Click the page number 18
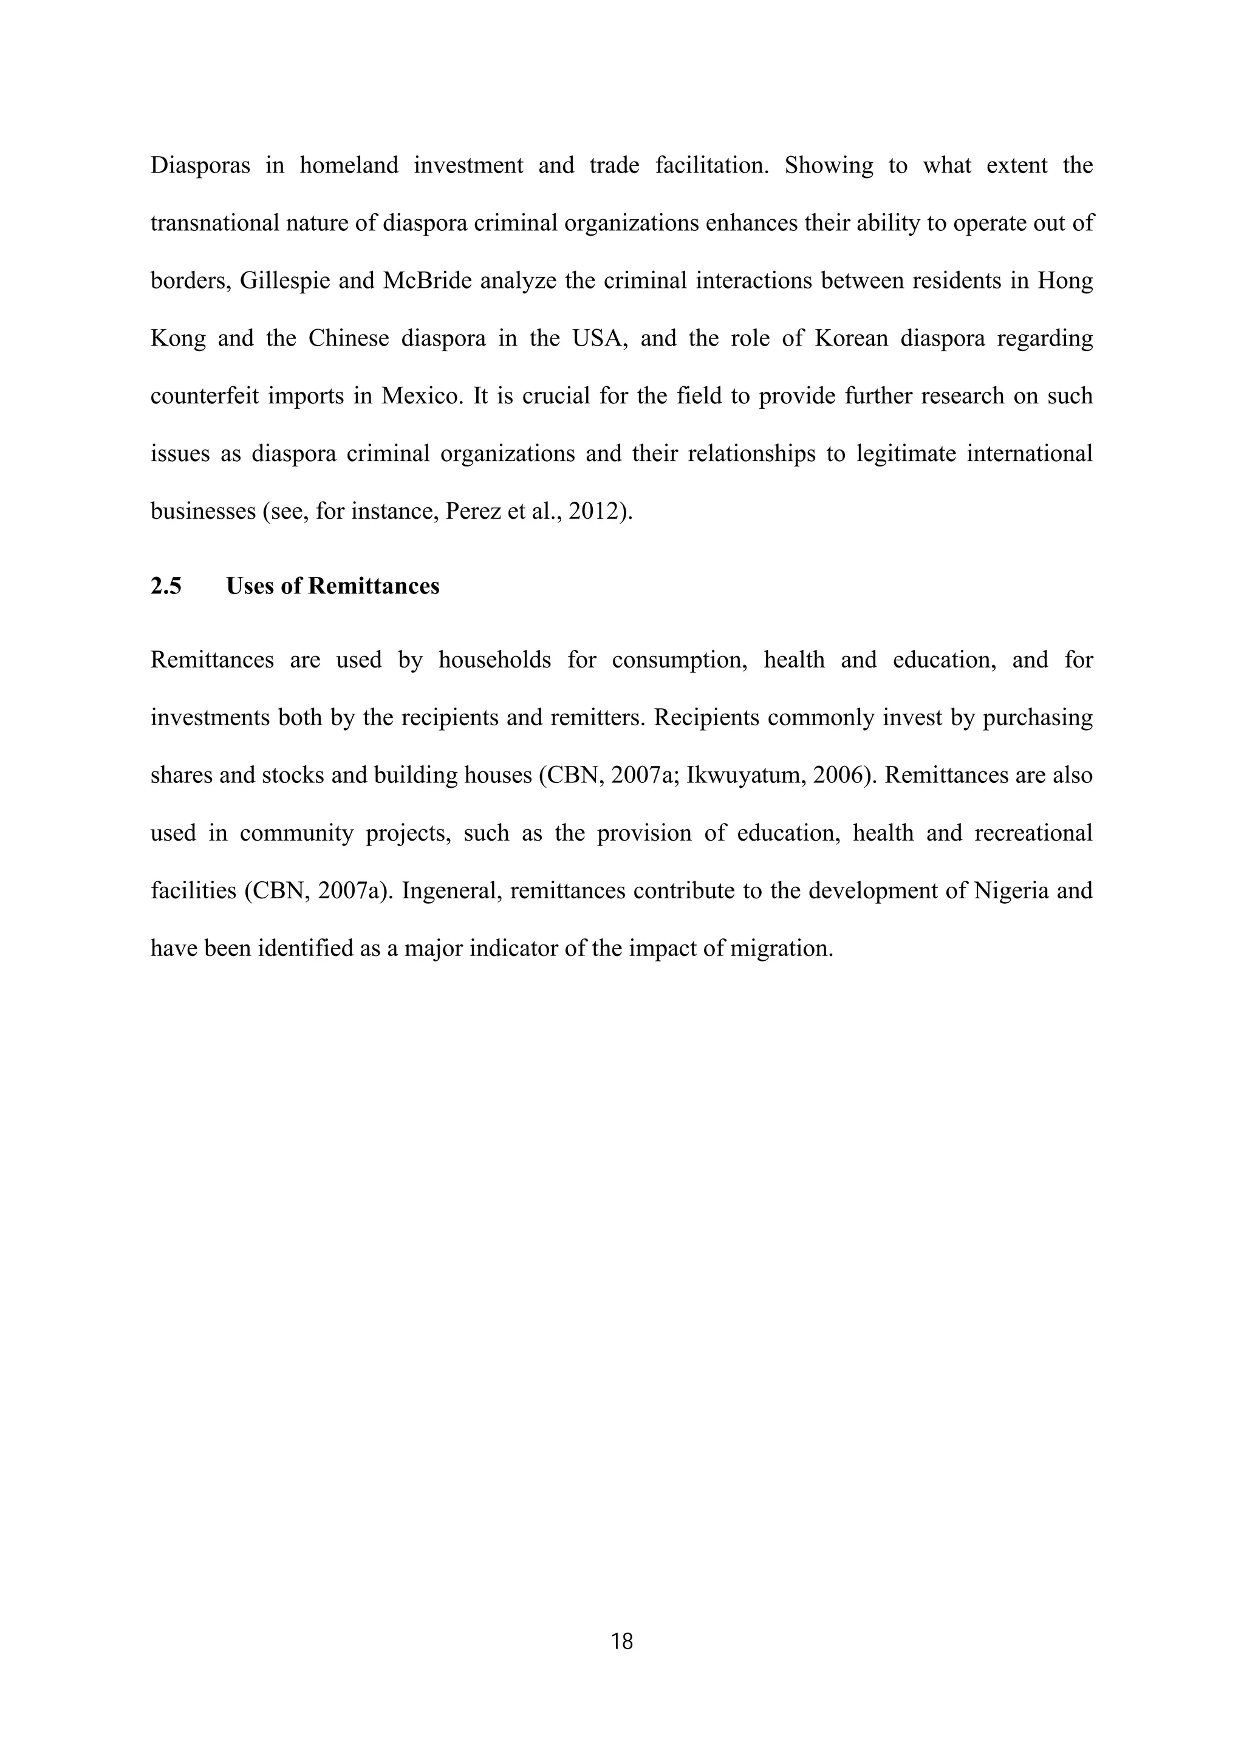tap(622, 1641)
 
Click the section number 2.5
tap(166, 586)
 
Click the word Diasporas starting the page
tap(200, 165)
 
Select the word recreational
tap(1033, 833)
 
